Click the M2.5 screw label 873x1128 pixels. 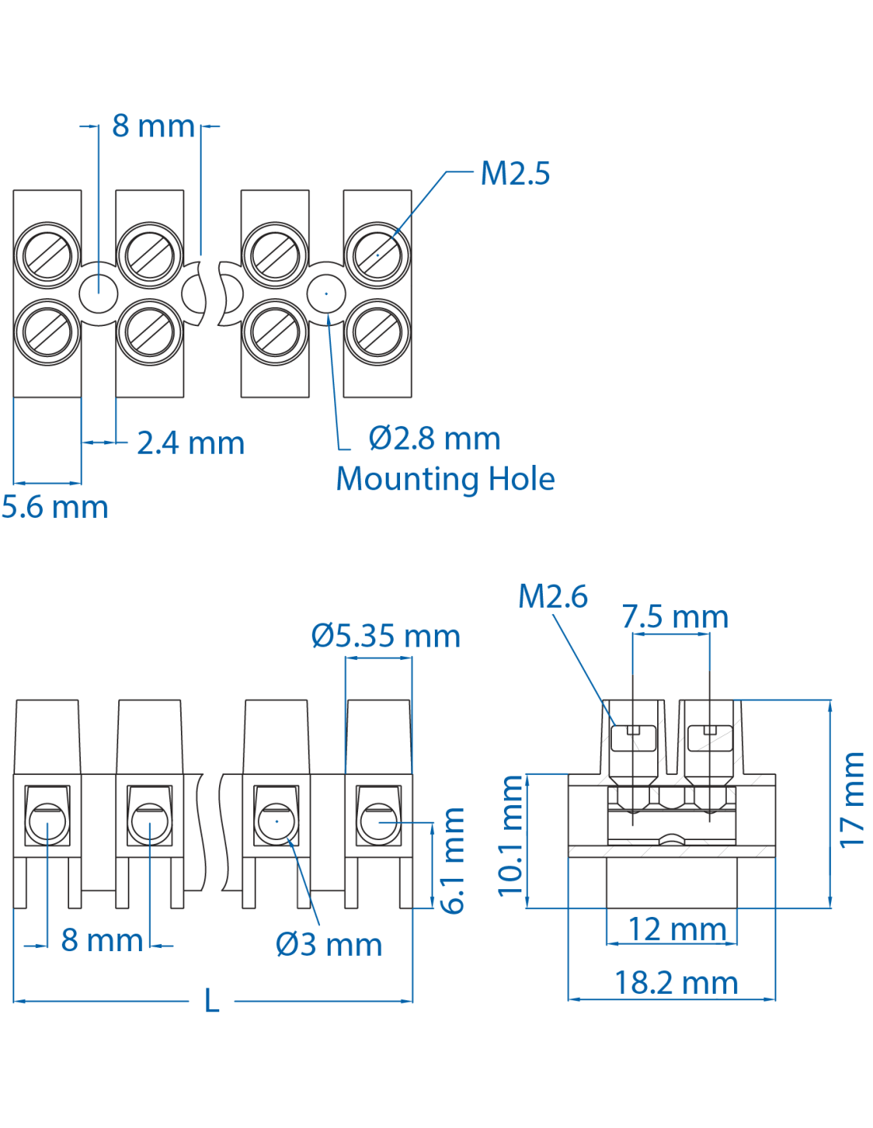515,174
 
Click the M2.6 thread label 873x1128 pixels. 552,597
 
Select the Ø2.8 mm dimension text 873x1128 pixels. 434,439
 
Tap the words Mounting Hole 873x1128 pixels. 445,479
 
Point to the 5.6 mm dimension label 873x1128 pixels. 55,508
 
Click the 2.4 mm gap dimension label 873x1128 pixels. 190,443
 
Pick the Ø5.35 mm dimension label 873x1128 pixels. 386,636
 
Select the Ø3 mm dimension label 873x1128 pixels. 329,945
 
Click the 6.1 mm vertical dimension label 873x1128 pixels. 453,861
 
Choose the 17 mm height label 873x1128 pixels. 852,800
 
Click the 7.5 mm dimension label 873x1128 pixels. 675,617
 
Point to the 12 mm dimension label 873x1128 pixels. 677,930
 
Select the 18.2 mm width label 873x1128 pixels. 676,984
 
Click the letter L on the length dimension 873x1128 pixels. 211,1001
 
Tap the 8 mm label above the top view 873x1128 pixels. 153,126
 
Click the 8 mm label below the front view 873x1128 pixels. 102,941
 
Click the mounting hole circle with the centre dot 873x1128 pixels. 326,294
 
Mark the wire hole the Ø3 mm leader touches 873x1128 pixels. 277,822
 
